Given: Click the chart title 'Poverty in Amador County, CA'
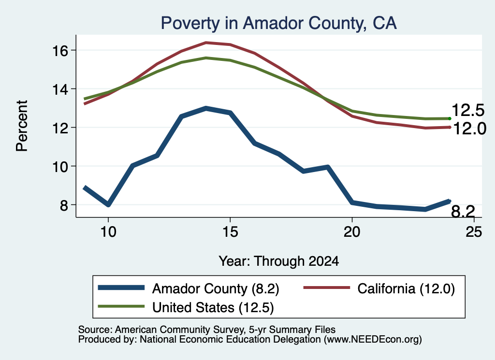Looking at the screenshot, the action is [278, 23].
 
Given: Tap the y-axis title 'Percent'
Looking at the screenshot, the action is [22, 126].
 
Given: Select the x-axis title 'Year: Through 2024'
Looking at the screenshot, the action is [279, 261].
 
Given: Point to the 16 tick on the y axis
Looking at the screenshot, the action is [59, 50].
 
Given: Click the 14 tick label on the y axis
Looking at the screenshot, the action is [59, 89].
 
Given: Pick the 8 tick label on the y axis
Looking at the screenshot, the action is [64, 205].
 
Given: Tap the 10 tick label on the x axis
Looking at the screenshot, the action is [108, 232].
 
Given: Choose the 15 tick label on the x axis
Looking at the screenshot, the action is [230, 232].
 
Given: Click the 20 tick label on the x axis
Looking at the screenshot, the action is [352, 232].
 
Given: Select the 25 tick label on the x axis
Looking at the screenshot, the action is [474, 232].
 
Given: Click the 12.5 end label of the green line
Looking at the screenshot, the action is [468, 110].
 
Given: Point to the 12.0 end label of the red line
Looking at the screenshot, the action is [469, 129].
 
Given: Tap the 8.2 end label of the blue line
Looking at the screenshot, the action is [463, 211].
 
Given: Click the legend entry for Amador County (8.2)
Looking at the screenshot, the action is [189, 288].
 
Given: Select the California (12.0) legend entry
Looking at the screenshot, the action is [379, 288].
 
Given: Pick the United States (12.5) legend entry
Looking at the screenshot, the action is [186, 307].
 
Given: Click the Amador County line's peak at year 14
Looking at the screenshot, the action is [206, 108].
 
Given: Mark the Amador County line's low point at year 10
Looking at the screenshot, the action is [108, 205].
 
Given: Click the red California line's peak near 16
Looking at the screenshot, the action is [206, 43].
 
